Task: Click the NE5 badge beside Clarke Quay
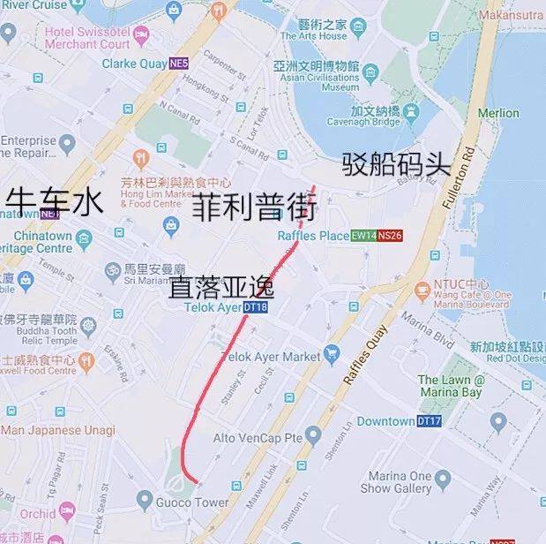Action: click(x=179, y=64)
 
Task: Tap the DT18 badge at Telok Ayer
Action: click(x=255, y=307)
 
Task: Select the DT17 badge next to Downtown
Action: click(x=429, y=421)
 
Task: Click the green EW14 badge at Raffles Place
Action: click(x=363, y=236)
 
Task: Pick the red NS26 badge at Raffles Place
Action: click(x=390, y=236)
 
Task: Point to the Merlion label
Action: click(x=498, y=113)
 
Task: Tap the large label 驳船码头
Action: click(x=396, y=164)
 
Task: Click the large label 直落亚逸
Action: click(x=221, y=288)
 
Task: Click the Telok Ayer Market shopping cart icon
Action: click(x=331, y=355)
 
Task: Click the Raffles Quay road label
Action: click(x=365, y=354)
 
